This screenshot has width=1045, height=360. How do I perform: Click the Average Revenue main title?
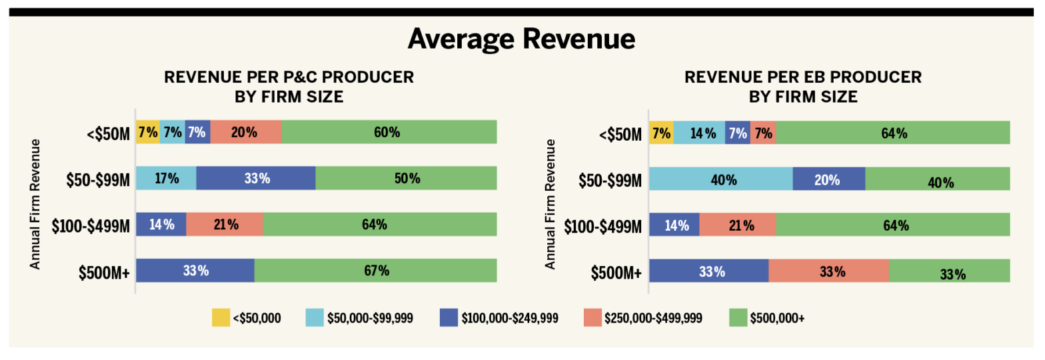point(521,39)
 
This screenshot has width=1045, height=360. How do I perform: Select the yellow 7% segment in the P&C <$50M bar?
point(147,132)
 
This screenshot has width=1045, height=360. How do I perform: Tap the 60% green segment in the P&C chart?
point(389,132)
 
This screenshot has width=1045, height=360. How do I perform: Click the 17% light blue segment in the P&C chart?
point(166,178)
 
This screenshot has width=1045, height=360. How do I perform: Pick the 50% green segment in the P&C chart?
point(406,178)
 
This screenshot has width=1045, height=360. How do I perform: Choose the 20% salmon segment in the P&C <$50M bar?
point(246,132)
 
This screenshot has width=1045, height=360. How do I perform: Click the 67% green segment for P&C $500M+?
point(375,271)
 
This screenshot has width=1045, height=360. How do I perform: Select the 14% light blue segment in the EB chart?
point(698,132)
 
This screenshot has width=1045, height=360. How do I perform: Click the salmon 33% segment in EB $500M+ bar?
point(828,271)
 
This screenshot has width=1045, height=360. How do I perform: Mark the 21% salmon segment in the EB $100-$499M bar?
point(737,225)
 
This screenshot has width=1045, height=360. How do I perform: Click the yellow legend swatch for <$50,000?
point(221,318)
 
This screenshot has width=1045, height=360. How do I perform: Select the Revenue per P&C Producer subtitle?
point(289,77)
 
